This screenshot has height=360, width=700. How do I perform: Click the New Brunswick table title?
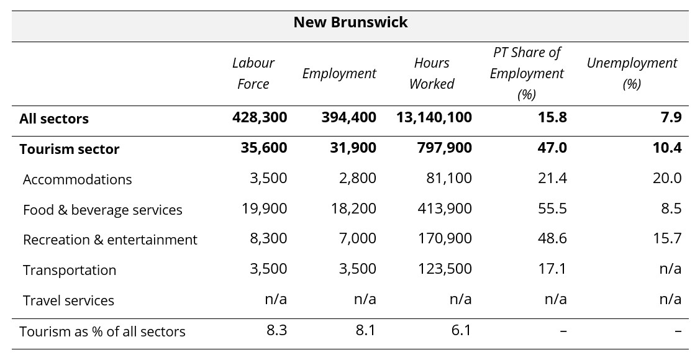350,22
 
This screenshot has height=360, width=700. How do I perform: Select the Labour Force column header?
253,73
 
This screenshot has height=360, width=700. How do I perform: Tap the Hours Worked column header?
431,73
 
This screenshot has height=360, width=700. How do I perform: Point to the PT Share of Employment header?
526,73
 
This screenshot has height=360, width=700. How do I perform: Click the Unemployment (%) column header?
631,73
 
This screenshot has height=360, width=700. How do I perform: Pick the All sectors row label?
54,119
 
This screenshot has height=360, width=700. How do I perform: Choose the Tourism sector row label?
69,149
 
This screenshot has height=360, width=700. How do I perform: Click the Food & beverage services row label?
102,210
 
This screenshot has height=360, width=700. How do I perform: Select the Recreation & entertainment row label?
110,240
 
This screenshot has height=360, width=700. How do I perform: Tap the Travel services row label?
68,300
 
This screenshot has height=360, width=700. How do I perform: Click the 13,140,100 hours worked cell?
434,117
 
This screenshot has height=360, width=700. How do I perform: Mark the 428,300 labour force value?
260,117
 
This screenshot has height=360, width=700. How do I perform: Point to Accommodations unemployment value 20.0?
667,178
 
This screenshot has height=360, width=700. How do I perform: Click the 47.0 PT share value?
552,148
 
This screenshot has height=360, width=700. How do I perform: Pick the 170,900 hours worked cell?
444,238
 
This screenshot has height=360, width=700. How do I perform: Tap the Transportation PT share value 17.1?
552,269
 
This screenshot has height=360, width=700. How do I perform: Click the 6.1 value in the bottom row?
461,330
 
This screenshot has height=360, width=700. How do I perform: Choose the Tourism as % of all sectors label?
102,331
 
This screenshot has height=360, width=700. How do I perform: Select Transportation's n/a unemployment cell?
670,269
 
